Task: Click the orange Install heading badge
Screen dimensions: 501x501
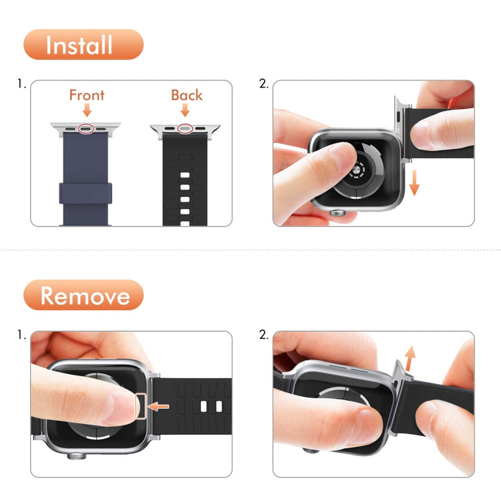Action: [83, 45]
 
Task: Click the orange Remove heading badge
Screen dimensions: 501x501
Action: [83, 295]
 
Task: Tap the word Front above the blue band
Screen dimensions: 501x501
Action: [87, 95]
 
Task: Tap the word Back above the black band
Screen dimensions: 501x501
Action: [186, 95]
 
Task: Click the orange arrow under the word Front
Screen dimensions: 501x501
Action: [87, 111]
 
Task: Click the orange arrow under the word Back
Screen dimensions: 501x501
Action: [186, 111]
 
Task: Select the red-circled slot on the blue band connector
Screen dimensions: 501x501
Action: [86, 127]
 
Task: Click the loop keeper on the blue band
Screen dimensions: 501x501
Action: [86, 192]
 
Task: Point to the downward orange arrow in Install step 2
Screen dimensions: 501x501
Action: [414, 182]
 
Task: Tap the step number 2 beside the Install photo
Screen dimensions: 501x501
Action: [263, 85]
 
